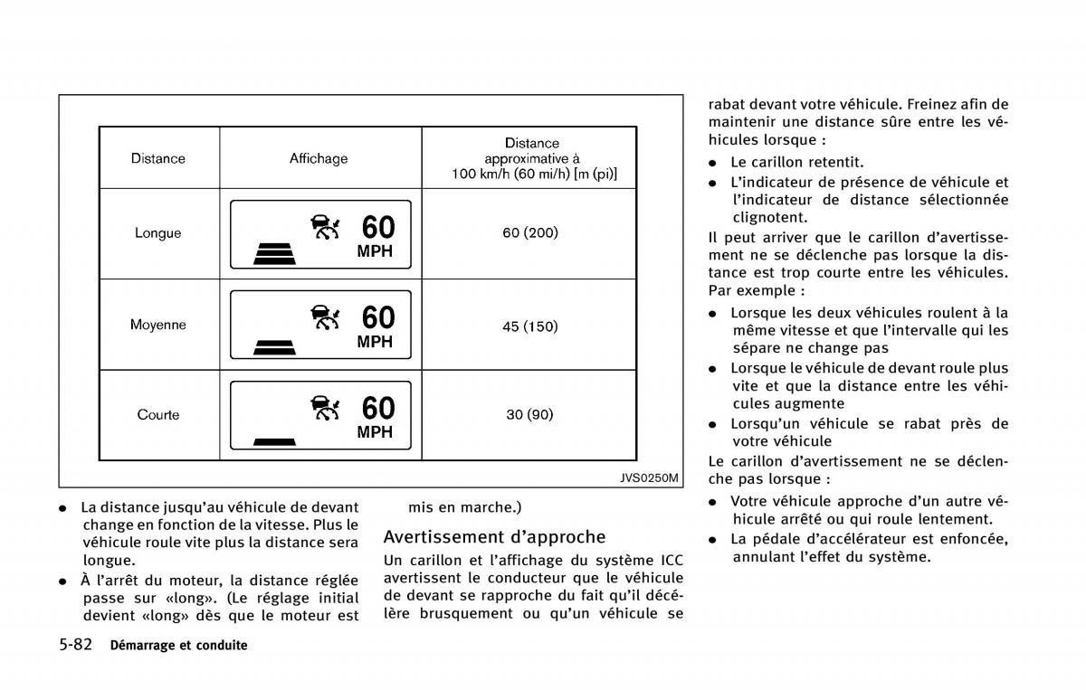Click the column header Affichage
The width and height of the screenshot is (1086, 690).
click(319, 158)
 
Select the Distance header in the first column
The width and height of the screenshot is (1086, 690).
click(157, 158)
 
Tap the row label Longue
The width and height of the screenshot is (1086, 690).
click(157, 232)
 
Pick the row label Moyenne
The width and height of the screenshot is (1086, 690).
click(157, 325)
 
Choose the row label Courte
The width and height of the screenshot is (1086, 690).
click(157, 415)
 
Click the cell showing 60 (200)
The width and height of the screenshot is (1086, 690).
click(530, 232)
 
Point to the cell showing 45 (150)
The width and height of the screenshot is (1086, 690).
click(530, 326)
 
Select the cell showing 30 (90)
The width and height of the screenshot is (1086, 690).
click(530, 415)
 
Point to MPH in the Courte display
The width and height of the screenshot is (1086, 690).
click(375, 432)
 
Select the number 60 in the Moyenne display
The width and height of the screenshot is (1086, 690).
click(378, 317)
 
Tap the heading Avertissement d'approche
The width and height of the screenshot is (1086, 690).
click(494, 537)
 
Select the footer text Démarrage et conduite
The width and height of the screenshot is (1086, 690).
click(178, 646)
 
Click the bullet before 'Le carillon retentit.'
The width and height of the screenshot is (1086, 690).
click(713, 163)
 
